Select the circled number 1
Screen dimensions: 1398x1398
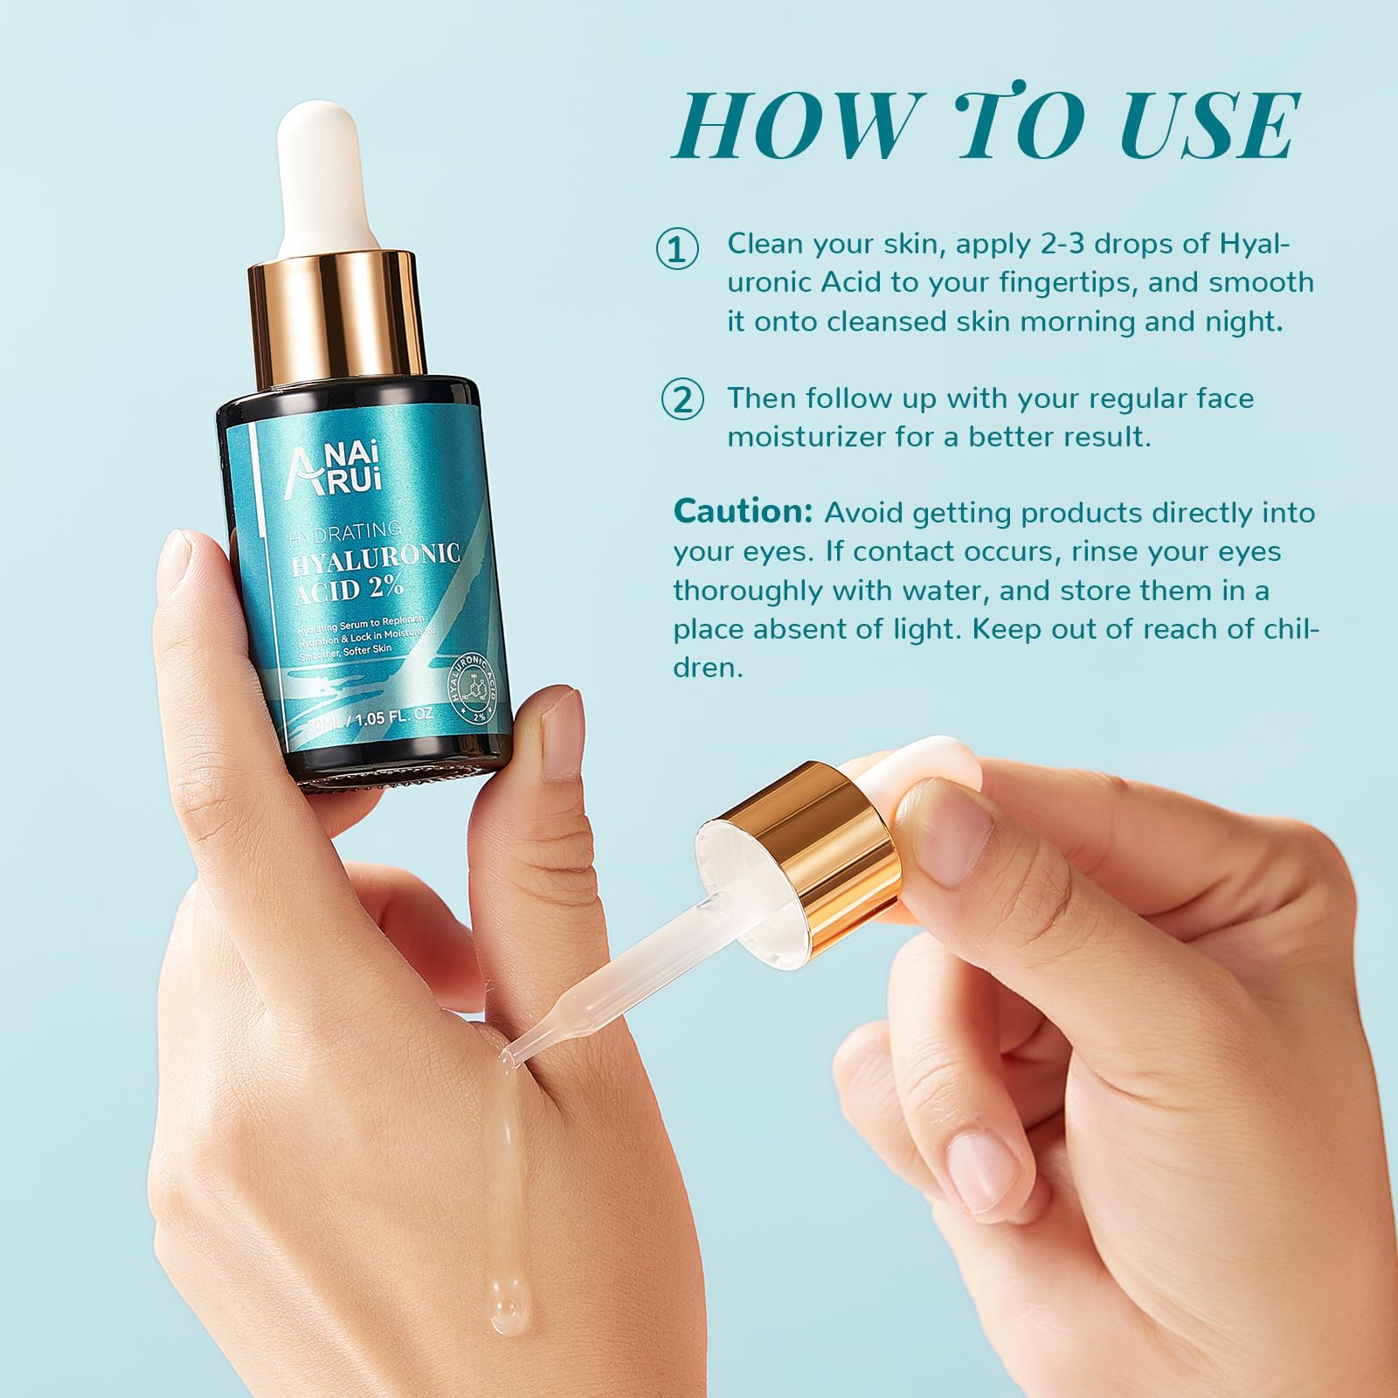[677, 249]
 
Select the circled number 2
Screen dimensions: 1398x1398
[682, 400]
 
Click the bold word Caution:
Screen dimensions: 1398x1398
[743, 512]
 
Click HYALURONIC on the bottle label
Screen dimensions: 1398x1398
[376, 559]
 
